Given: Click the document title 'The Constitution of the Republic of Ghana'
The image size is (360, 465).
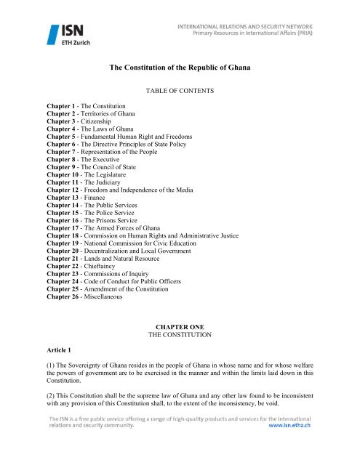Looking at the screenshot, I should click(180, 67).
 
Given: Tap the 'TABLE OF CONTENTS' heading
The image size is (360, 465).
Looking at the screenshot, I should click(180, 94).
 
